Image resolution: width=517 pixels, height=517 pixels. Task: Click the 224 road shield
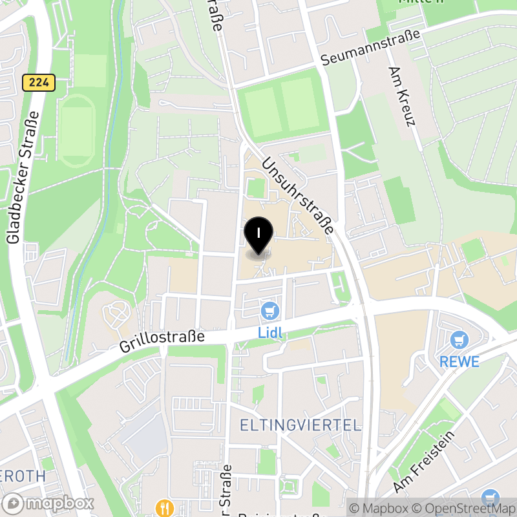[38, 83]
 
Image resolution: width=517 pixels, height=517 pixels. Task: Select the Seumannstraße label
[371, 49]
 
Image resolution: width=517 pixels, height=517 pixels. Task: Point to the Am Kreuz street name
[402, 96]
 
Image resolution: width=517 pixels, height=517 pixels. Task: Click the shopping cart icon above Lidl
[270, 311]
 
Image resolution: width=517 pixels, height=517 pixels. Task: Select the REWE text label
[459, 361]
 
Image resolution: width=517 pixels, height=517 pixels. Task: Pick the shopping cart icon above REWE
[459, 339]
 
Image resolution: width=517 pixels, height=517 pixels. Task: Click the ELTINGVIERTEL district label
[300, 425]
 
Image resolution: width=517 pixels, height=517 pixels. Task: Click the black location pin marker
[258, 235]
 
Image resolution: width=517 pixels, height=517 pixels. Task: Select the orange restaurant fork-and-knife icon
[164, 507]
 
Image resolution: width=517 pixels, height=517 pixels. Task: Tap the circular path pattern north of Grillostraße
[117, 315]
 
